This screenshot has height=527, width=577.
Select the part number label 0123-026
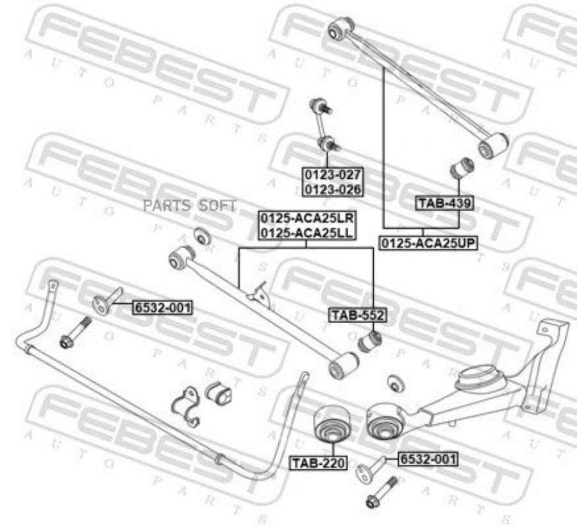[333, 189]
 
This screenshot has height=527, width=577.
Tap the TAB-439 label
[445, 204]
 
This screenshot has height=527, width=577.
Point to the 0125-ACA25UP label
[429, 244]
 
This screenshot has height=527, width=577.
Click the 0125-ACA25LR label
[306, 219]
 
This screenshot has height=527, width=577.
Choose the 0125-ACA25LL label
[306, 233]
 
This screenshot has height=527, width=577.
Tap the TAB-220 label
[318, 462]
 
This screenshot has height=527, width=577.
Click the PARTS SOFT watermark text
[190, 206]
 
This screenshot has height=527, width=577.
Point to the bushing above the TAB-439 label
[461, 169]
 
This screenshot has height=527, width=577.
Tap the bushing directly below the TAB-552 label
[371, 340]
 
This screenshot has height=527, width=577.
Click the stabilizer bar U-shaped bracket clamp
[187, 406]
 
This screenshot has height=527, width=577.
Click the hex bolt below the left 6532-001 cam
[74, 333]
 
